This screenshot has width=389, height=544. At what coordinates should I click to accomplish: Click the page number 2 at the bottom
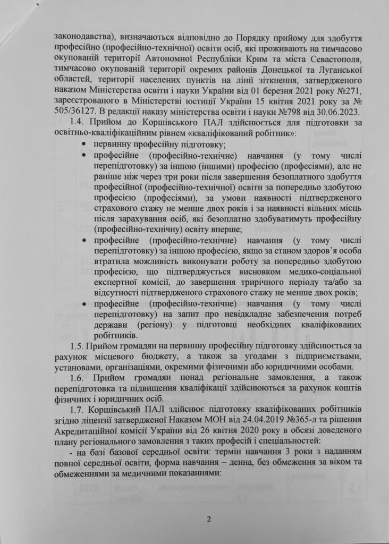(194, 520)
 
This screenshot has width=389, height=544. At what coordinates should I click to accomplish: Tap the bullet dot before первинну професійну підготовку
(85, 145)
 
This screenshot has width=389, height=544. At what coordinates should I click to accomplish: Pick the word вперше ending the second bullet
(223, 229)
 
